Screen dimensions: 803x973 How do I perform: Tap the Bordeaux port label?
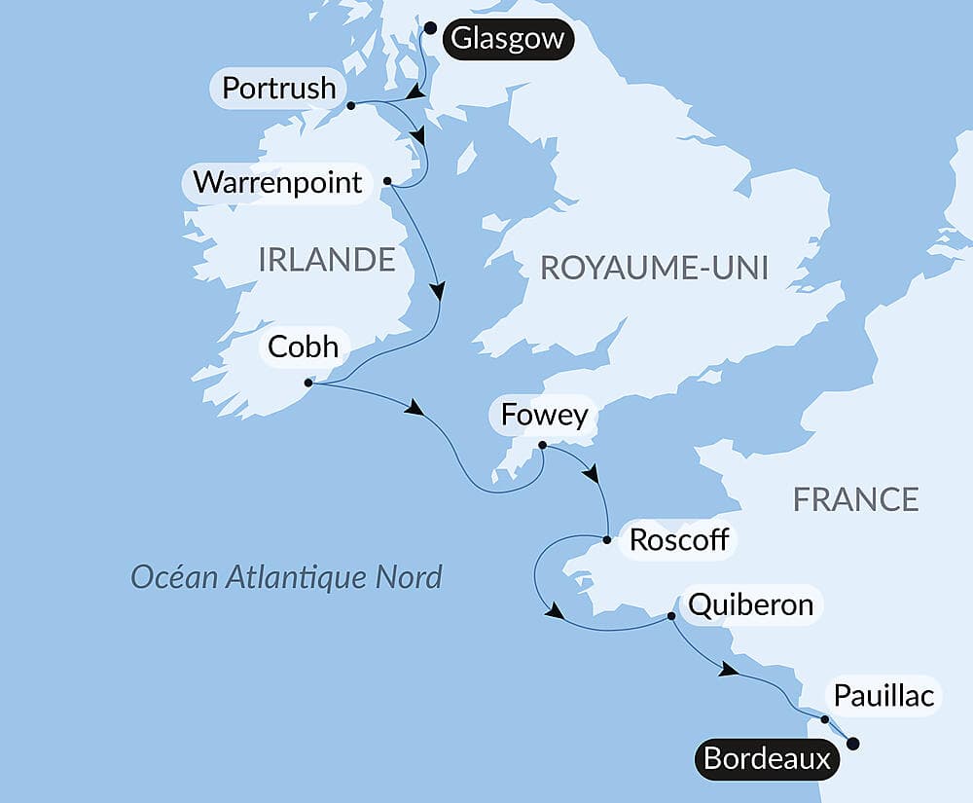pos(767,758)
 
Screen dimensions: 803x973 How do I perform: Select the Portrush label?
pos(278,89)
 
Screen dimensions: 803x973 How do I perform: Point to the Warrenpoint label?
pos(277,182)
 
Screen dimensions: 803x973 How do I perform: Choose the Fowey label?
pos(544,416)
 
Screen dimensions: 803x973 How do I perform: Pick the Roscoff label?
pos(679,540)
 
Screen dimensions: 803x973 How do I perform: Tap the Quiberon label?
pos(750,604)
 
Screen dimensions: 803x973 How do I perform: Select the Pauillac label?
pos(883,696)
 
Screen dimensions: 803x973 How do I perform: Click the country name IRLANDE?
pos(327,259)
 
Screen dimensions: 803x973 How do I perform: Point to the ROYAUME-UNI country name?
pos(654,269)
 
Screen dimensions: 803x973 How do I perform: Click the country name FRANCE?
pos(855,499)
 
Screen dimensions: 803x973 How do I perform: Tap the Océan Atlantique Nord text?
pos(287,576)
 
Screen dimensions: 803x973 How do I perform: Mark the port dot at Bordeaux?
pos(853,744)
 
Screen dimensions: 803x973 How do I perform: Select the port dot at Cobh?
pos(307,383)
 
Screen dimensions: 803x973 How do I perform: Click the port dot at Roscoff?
pos(606,539)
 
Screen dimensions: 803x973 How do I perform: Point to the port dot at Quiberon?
pos(671,616)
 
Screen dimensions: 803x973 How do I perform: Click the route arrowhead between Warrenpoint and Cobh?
pos(439,291)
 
